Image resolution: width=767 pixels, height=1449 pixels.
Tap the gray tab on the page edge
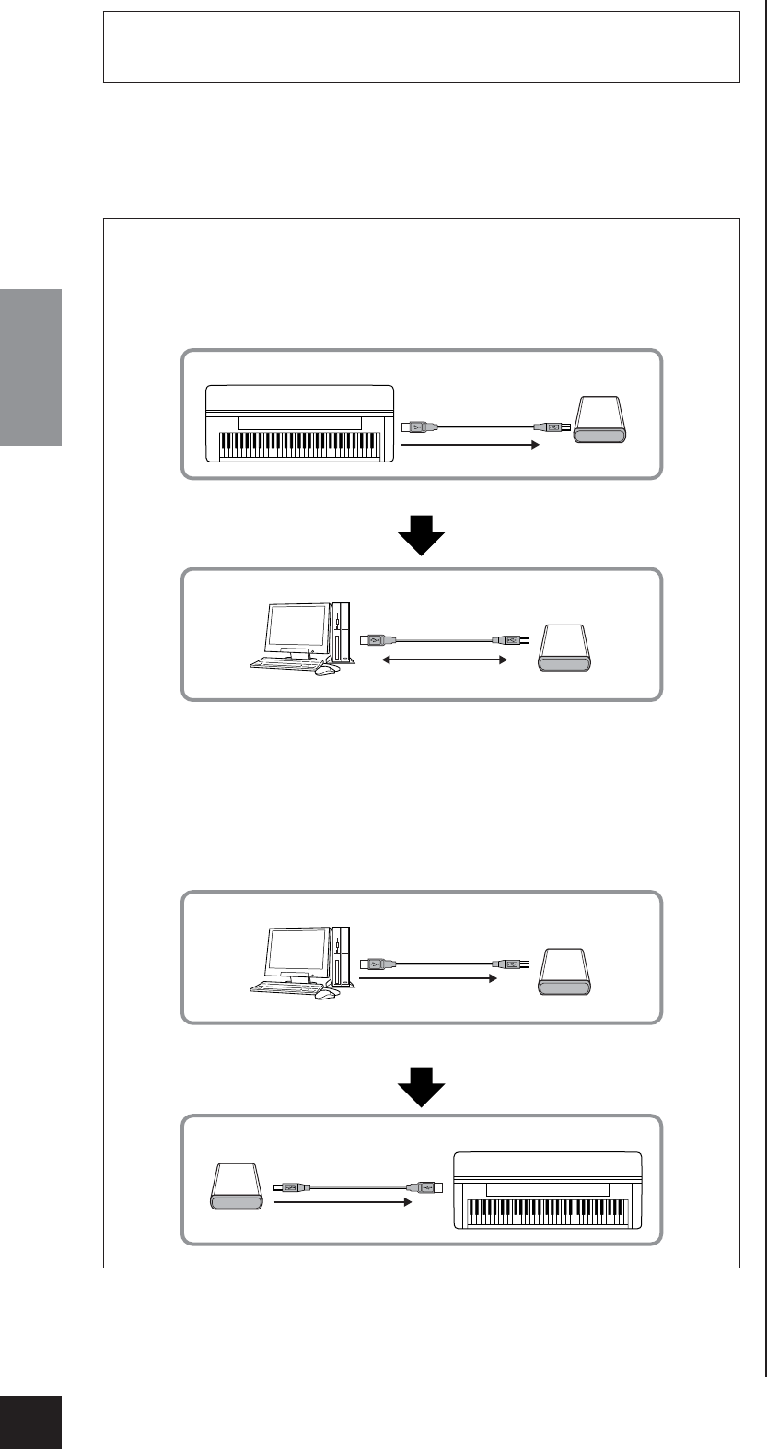click(30, 368)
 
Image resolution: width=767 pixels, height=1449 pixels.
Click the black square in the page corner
click(30, 1421)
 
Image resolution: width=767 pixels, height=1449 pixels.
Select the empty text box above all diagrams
click(422, 47)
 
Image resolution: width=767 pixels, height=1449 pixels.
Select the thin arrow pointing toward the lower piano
click(341, 1202)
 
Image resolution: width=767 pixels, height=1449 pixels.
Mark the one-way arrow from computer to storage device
click(427, 981)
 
